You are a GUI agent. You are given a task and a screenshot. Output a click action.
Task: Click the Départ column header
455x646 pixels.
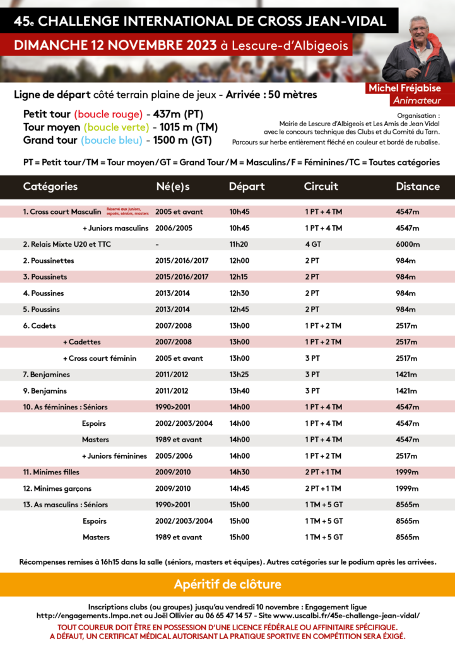coord(247,187)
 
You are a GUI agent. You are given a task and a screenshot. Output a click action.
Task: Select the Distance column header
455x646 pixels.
coord(417,187)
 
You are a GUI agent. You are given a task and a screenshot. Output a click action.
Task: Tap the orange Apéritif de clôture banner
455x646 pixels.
coord(227,584)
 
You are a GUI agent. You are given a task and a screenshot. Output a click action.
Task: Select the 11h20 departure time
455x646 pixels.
coord(239,244)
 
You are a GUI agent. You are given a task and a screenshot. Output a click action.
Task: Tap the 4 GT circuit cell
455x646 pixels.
coord(312,244)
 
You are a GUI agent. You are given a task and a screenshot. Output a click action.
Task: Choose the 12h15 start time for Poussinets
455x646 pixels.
coord(239,277)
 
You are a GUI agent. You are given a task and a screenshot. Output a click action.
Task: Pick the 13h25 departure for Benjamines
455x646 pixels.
coord(239,375)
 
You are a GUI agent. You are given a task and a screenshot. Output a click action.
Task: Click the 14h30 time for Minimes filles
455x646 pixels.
coord(239,473)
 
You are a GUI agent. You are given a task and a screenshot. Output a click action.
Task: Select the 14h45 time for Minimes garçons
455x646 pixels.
coord(239,489)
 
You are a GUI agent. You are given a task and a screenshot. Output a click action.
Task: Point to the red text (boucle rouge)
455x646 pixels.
coord(108,115)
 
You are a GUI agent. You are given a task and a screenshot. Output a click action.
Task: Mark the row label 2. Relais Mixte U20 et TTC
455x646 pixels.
coord(67,244)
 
